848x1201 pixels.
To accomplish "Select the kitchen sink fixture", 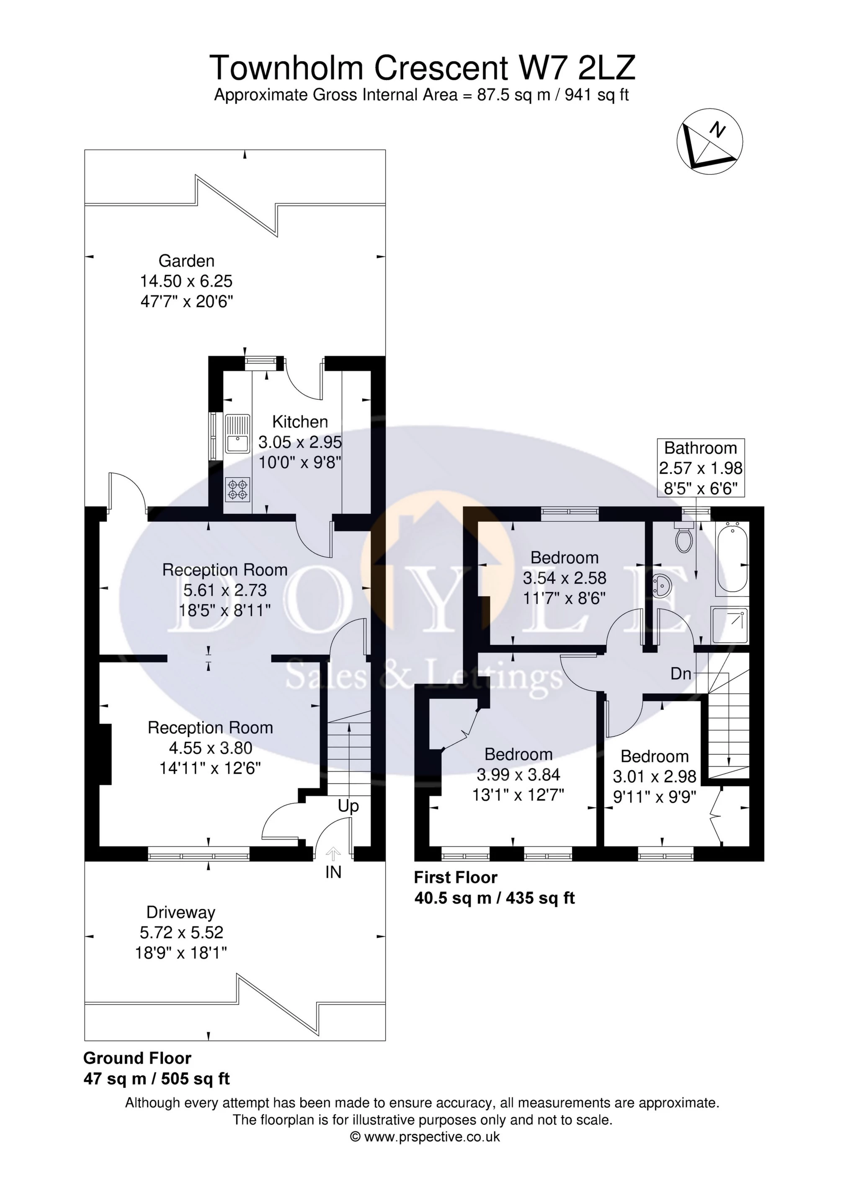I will click(238, 434).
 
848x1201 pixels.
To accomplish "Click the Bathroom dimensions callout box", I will click(701, 468).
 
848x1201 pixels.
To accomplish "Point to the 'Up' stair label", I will click(348, 806).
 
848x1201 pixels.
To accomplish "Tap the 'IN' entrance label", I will click(333, 872).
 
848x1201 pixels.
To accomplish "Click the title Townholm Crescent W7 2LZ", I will click(423, 68).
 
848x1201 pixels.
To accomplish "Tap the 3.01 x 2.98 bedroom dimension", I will click(655, 776).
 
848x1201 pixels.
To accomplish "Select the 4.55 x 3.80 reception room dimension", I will click(210, 748).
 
